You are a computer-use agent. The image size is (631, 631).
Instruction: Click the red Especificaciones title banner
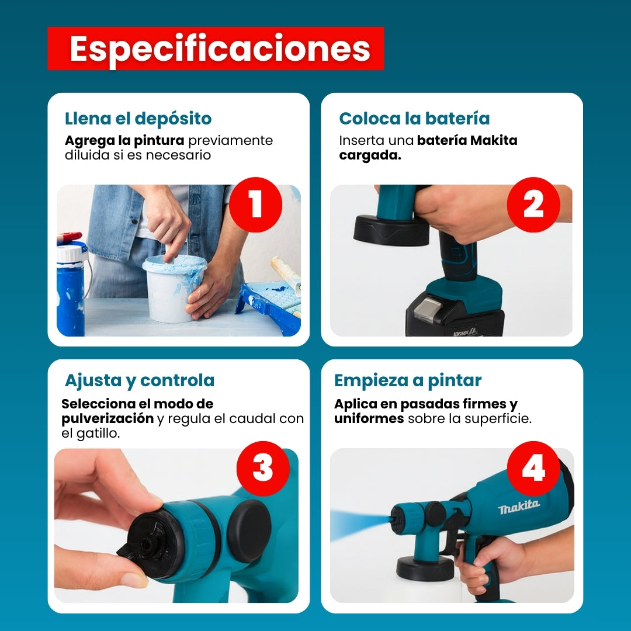point(216,48)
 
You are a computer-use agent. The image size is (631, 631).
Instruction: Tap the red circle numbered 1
point(255,204)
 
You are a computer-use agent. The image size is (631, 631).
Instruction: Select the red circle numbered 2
point(533,204)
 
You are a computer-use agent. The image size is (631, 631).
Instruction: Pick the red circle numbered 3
point(263,468)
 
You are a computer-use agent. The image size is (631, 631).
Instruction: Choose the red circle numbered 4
point(533,468)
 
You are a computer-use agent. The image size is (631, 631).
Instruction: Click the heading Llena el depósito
point(138,119)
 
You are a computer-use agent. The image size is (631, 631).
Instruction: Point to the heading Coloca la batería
point(414,119)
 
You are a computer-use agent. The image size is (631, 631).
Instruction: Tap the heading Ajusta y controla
point(140,381)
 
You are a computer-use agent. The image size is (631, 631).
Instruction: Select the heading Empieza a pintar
point(408,381)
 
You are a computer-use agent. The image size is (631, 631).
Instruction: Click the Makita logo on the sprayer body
point(519,507)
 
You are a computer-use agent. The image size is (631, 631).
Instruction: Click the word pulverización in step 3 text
point(108,419)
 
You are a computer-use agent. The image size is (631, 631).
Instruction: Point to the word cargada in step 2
point(370,156)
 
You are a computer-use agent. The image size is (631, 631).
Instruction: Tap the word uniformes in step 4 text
point(369,418)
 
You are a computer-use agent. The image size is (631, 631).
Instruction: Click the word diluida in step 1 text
point(87,155)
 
